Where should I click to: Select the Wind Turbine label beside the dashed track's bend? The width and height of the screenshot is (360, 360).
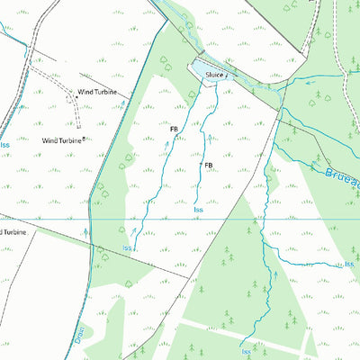click(96, 92)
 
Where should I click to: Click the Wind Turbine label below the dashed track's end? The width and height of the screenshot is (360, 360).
click(62, 140)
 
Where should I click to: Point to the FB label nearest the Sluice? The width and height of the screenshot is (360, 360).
click(174, 130)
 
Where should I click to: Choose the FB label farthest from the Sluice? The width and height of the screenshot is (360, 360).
click(208, 166)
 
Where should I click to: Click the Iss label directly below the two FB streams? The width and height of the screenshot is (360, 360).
click(198, 211)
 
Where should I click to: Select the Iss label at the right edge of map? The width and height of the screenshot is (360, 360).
click(349, 264)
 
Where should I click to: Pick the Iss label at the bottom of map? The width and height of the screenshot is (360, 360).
click(247, 352)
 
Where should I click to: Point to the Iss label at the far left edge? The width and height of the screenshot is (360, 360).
click(4, 144)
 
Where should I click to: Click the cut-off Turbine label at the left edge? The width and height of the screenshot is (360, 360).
click(13, 232)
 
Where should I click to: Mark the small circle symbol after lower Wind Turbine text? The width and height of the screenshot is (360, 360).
click(85, 139)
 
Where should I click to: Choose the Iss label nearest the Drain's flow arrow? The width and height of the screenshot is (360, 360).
click(129, 247)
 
